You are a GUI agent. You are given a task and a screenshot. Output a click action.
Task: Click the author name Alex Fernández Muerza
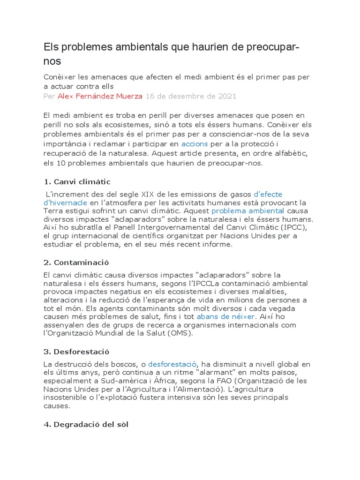pyautogui.click(x=100, y=96)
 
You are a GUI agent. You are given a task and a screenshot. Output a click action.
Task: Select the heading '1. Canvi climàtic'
pyautogui.click(x=77, y=181)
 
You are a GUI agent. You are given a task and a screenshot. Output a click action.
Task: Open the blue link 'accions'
pyautogui.click(x=195, y=143)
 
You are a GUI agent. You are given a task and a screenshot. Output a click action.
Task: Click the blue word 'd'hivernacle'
pyautogui.click(x=65, y=202)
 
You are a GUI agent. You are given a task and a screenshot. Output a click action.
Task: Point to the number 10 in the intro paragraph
pyautogui.click(x=61, y=163)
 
